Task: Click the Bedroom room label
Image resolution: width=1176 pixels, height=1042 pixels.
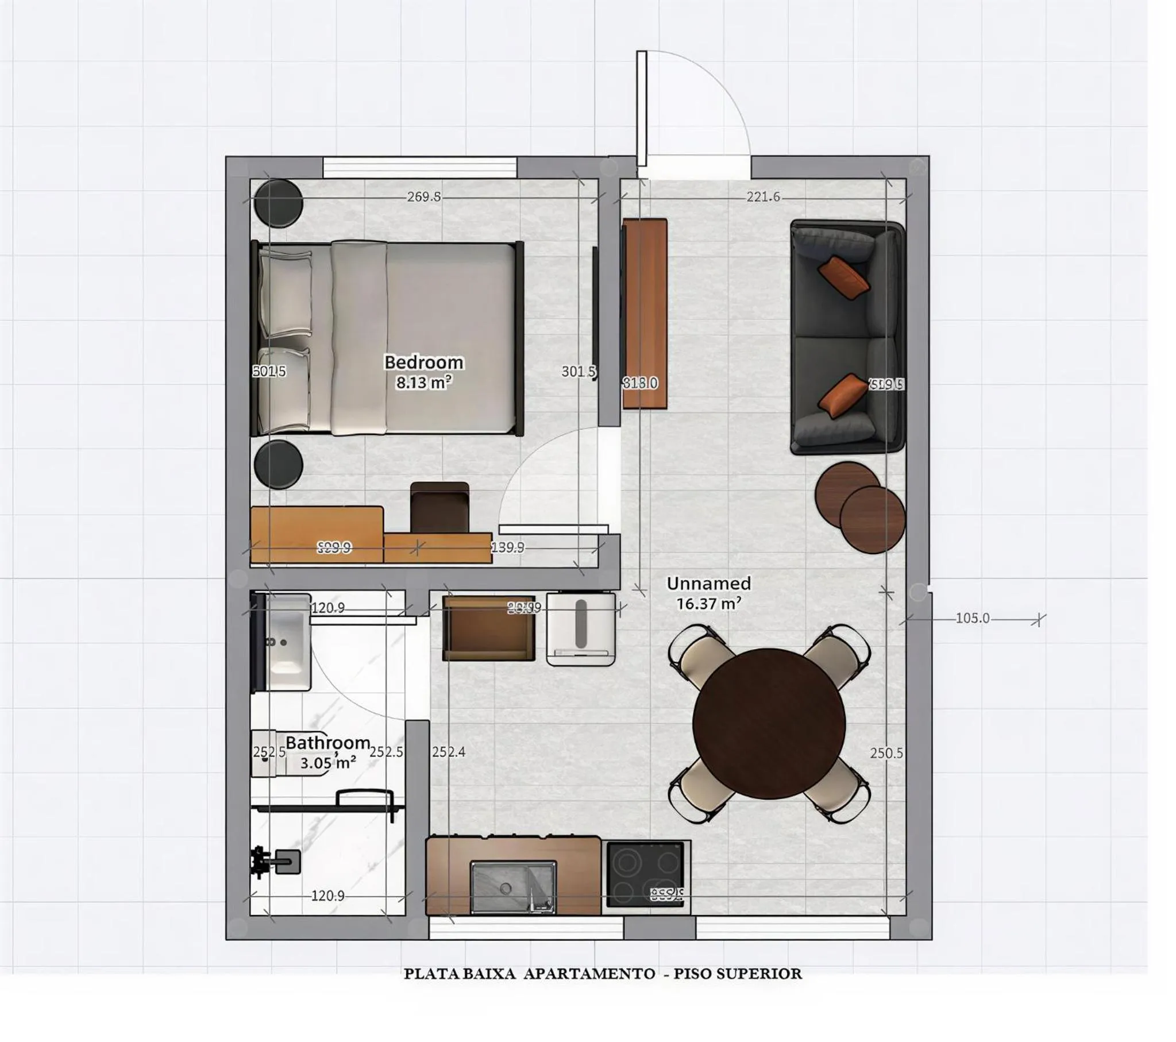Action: coord(423,362)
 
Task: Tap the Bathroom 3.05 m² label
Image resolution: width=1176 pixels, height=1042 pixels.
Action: coord(328,752)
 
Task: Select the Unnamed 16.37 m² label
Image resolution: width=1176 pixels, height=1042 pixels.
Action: coord(708,593)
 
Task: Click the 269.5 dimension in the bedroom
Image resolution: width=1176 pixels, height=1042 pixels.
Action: coord(423,197)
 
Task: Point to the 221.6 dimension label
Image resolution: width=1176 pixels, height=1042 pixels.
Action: coord(763,197)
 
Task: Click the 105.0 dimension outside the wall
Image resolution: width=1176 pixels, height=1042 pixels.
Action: coord(972,619)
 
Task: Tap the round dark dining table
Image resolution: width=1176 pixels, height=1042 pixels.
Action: coord(769,723)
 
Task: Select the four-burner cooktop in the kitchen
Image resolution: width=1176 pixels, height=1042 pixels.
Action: coord(646,875)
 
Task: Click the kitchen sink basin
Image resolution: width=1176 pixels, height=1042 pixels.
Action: coord(512,887)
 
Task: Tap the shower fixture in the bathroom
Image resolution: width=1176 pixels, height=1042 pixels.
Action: coord(276,861)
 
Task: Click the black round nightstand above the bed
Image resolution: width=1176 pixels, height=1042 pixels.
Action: coord(278,203)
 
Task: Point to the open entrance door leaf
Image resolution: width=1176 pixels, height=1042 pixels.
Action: coord(642,108)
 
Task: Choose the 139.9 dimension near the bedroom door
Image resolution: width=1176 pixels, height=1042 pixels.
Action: coord(507,547)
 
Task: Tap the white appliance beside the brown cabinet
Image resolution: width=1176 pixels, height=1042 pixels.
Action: coord(580,630)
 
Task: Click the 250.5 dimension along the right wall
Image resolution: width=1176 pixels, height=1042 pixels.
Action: coord(886,752)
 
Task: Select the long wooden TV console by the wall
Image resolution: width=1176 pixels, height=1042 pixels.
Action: coord(645,314)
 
